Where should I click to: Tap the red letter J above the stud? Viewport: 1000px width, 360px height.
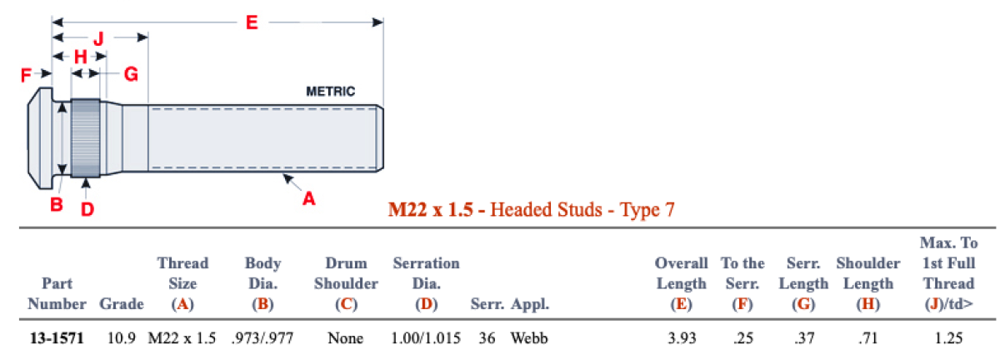click(x=97, y=38)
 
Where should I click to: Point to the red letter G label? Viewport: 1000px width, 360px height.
click(x=130, y=75)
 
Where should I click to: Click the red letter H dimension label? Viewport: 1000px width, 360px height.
click(x=81, y=57)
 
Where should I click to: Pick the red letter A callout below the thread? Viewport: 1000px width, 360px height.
click(x=308, y=198)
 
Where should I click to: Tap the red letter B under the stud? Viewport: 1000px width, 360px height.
click(x=56, y=204)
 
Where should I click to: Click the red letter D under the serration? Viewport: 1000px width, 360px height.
click(x=87, y=208)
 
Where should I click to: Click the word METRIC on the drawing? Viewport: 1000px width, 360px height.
click(x=331, y=92)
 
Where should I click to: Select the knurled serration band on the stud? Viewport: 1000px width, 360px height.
click(x=86, y=137)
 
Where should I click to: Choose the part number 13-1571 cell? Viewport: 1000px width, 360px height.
click(x=55, y=338)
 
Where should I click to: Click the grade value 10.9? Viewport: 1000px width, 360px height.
click(x=120, y=338)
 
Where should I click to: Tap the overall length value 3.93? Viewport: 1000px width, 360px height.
click(x=681, y=338)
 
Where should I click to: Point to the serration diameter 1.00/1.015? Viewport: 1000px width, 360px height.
click(x=425, y=338)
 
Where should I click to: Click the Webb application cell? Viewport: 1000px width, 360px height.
click(x=528, y=338)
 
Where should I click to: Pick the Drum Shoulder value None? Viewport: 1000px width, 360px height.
click(x=345, y=338)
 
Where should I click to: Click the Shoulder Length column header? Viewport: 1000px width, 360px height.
click(x=867, y=283)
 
